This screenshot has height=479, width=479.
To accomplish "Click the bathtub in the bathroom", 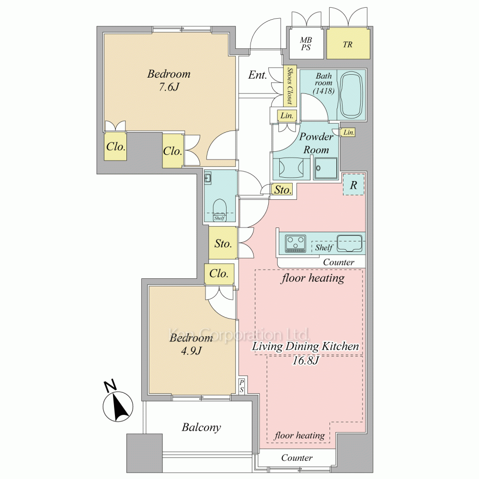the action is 351,95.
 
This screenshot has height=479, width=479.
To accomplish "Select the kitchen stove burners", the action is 296,243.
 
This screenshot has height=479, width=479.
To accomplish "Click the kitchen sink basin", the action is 350,243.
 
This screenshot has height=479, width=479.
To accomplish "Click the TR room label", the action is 347,45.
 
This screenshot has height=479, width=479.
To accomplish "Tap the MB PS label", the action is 306,44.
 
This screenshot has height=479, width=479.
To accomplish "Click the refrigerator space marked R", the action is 354,185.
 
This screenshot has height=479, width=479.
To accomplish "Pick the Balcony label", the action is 201,427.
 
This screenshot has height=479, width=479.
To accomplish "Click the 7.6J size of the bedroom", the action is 169,87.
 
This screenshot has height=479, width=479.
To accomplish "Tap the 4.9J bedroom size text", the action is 191,351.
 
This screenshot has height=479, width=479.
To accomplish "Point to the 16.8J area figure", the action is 306,361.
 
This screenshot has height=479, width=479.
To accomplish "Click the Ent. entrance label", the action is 258,75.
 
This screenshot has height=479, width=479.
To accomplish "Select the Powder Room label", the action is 316,143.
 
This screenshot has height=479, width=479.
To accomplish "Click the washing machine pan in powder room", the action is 325,168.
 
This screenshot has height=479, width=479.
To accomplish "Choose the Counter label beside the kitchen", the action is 339,262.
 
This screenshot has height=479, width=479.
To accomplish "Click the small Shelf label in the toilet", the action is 219,218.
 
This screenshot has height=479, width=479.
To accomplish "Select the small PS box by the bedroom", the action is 241,386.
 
